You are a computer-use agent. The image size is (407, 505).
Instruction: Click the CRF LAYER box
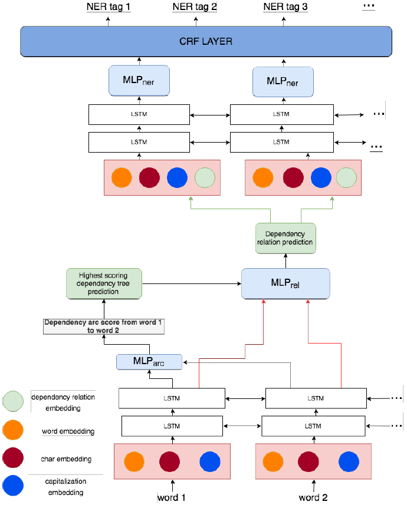[206, 41]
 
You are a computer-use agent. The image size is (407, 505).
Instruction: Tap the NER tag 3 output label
[285, 8]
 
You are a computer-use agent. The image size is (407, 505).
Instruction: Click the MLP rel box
[285, 283]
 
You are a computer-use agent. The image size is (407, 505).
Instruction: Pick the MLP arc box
[149, 362]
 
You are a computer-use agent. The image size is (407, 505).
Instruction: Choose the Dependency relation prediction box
[285, 238]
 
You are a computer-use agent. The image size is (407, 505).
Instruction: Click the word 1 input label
[172, 497]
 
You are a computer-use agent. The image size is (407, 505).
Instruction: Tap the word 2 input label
[313, 497]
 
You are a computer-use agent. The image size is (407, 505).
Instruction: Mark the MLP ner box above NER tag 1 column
[140, 80]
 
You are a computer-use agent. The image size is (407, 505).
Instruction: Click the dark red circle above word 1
[169, 461]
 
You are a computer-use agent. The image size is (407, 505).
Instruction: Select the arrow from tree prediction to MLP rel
[192, 283]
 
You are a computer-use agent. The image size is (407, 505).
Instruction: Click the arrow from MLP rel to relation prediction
[285, 260]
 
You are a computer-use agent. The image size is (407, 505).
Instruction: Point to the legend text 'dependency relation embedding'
[63, 402]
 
